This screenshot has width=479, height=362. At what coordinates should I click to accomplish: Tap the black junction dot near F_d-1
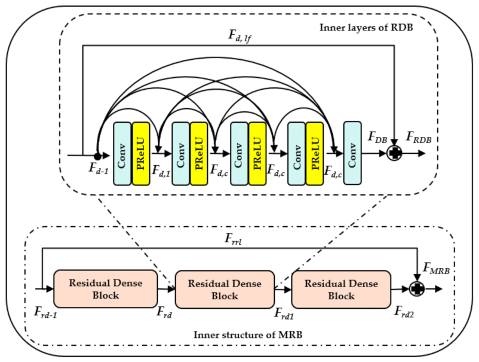(x=97, y=154)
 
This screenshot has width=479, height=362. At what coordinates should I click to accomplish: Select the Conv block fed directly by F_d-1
(x=122, y=153)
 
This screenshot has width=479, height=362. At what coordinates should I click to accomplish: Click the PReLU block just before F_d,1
(x=141, y=153)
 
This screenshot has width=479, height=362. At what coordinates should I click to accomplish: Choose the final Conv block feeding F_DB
(x=352, y=153)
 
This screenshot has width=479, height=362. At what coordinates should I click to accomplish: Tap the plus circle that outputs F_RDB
(x=395, y=154)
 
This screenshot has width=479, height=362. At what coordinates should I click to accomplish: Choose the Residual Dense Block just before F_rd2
(x=341, y=288)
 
